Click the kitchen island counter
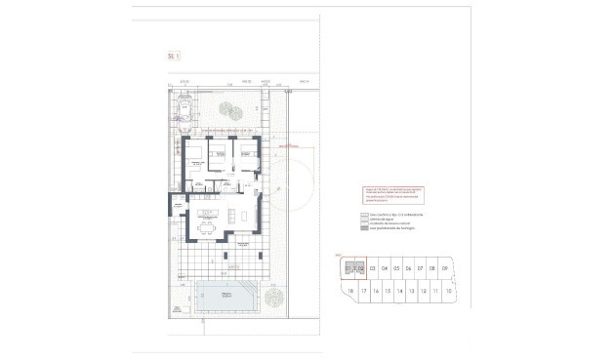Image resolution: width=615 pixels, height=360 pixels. [206, 213]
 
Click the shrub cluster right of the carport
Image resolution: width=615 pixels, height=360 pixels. [226, 109]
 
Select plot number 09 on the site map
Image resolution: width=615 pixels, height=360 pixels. [445, 268]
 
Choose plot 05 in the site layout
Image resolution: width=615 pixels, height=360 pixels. [396, 268]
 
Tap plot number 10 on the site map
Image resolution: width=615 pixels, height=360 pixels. [447, 291]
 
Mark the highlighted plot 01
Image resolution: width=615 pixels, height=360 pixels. [348, 268]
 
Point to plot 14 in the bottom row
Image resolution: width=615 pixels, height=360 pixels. [399, 291]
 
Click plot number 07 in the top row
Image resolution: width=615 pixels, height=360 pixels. [421, 268]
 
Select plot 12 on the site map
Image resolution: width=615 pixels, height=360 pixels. [424, 291]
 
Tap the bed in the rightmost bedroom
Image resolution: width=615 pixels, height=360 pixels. [248, 152]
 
